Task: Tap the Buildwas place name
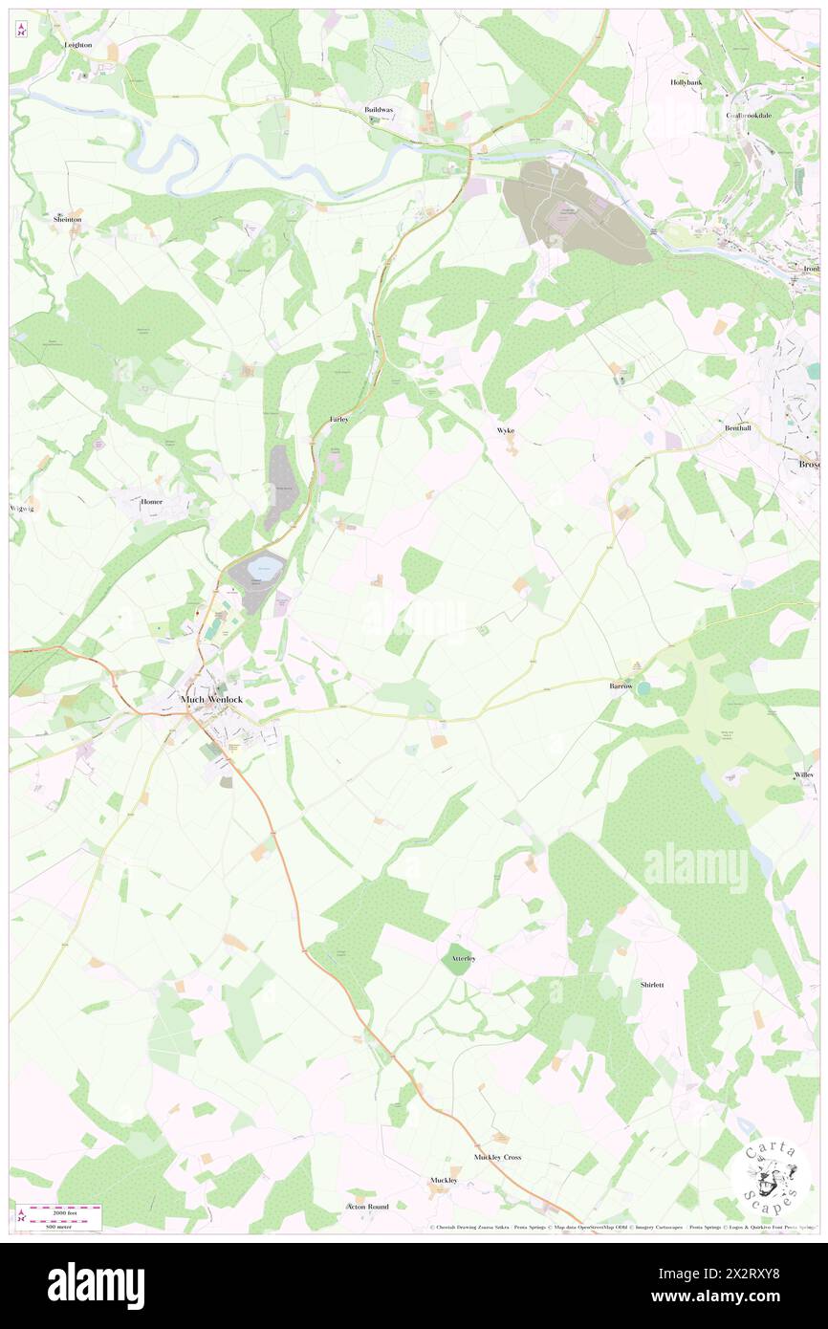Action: (379, 110)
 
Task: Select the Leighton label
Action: (77, 45)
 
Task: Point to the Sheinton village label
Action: (67, 219)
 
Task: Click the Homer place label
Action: (151, 501)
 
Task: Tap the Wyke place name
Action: (506, 430)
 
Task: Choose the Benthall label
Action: (738, 427)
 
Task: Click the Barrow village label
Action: (623, 686)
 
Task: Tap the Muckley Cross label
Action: (498, 1157)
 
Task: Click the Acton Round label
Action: (367, 1207)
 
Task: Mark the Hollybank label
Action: (686, 82)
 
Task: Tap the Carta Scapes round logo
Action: (771, 1177)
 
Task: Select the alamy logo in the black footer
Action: (96, 1285)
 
